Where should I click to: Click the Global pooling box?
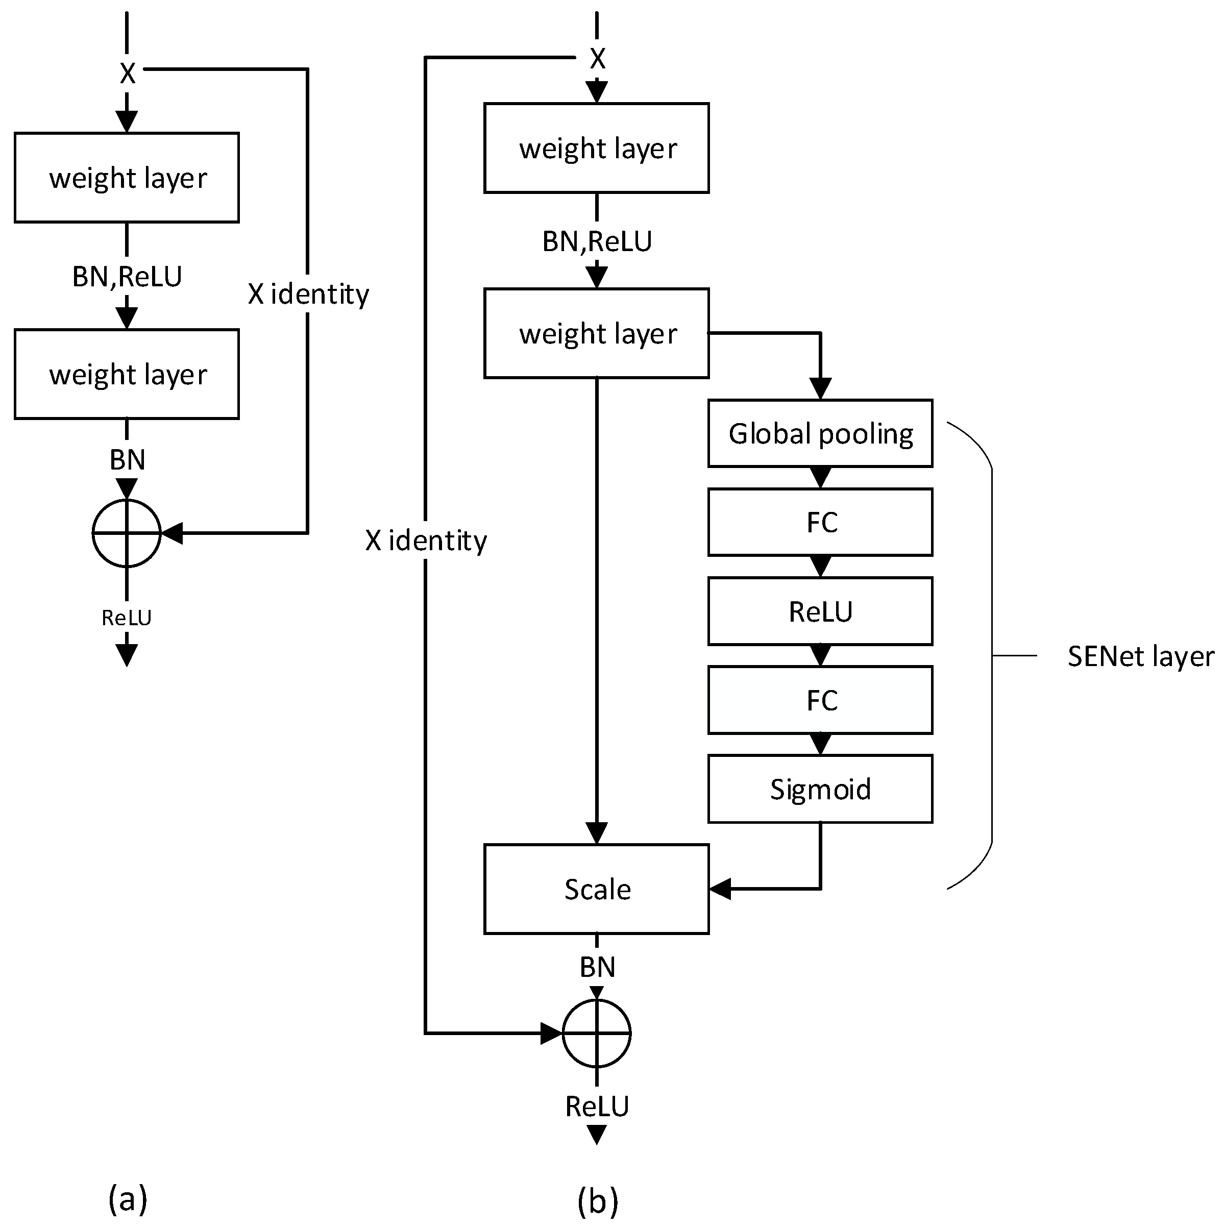[x=820, y=433]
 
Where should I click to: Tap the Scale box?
[x=596, y=889]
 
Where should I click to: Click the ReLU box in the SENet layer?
[x=820, y=611]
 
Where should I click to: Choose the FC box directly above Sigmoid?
[x=820, y=700]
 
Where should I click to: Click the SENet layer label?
[x=1140, y=656]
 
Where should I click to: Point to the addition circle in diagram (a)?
[x=127, y=533]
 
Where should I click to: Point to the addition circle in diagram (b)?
[x=596, y=1034]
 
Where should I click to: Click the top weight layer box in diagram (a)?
[x=127, y=177]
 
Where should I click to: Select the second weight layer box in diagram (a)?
[x=127, y=374]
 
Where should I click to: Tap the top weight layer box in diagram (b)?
[x=596, y=148]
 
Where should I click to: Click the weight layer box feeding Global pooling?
[x=596, y=333]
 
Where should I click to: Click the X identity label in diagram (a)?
[x=308, y=293]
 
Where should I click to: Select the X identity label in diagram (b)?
[x=426, y=541]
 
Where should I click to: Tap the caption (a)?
[x=128, y=1199]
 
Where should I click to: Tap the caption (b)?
[x=597, y=1200]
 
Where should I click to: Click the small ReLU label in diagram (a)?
[x=127, y=617]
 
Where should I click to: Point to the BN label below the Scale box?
[x=597, y=967]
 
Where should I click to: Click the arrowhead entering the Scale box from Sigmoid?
[x=719, y=889]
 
